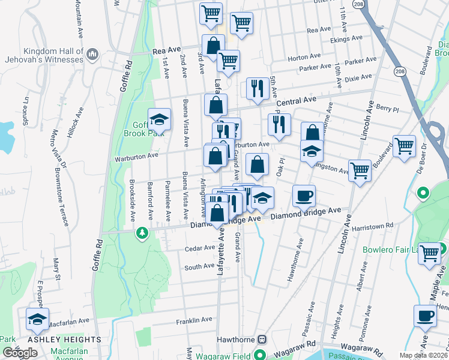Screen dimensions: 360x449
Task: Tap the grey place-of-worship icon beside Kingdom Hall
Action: pos(92,55)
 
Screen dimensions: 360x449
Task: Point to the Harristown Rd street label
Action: pos(373,226)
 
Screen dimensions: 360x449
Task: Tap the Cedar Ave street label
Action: pos(200,247)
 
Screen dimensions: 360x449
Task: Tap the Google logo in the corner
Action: pos(20,353)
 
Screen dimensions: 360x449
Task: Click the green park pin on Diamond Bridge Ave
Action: pos(142,232)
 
